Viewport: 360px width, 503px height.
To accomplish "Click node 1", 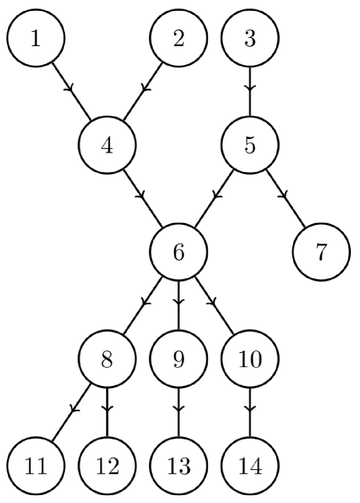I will [x=36, y=39].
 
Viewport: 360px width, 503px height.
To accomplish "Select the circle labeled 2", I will [x=178, y=39].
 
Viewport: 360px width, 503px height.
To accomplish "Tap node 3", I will [x=250, y=39].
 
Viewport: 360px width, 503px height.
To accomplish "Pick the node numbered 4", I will [x=107, y=145].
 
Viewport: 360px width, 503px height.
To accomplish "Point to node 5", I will [x=250, y=145].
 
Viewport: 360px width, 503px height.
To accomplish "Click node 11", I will [x=36, y=465].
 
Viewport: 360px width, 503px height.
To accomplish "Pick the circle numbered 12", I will [x=107, y=465].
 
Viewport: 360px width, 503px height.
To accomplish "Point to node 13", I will [x=178, y=465].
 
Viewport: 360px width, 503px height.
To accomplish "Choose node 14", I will [x=250, y=465].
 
